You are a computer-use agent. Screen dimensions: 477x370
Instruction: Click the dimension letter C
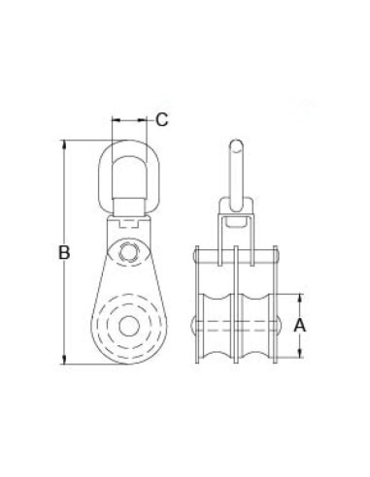(162, 120)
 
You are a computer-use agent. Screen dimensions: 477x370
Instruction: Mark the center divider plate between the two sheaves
(238, 310)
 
